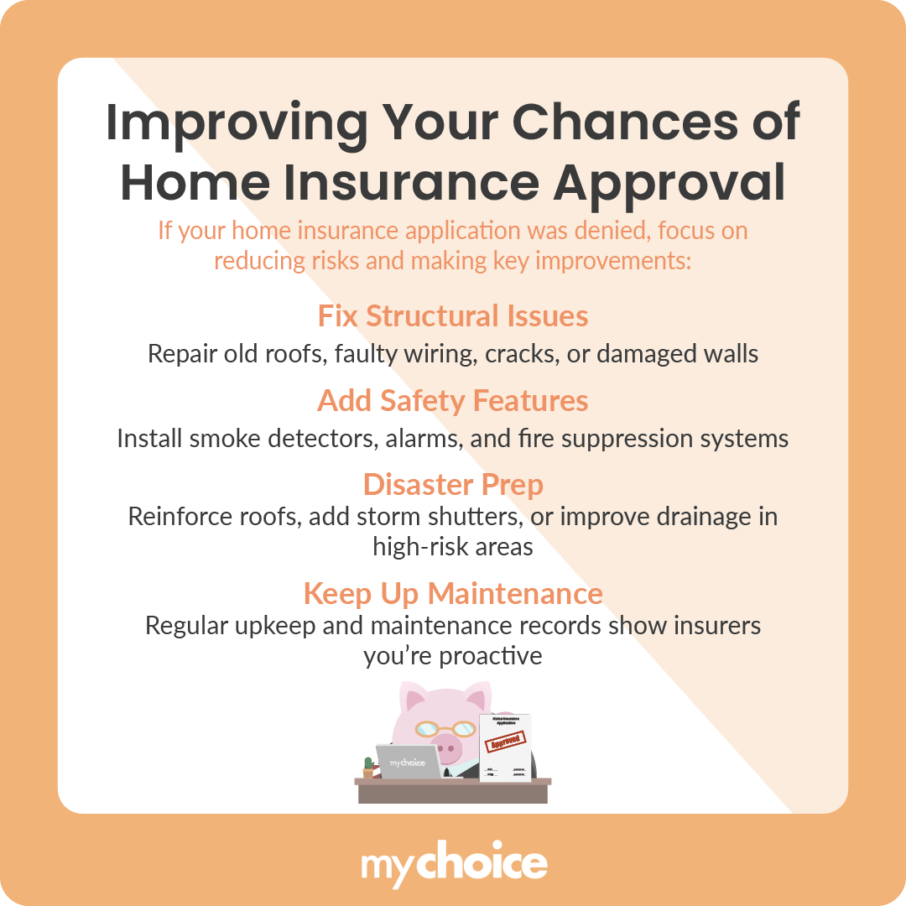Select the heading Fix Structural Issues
tap(453, 316)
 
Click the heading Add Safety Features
tap(453, 401)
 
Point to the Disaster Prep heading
tap(453, 485)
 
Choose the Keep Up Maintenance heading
tap(453, 594)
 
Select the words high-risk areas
tap(453, 547)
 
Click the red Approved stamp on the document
tap(506, 742)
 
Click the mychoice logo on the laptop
tap(408, 763)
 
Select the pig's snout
tap(454, 745)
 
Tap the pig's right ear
tap(476, 698)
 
